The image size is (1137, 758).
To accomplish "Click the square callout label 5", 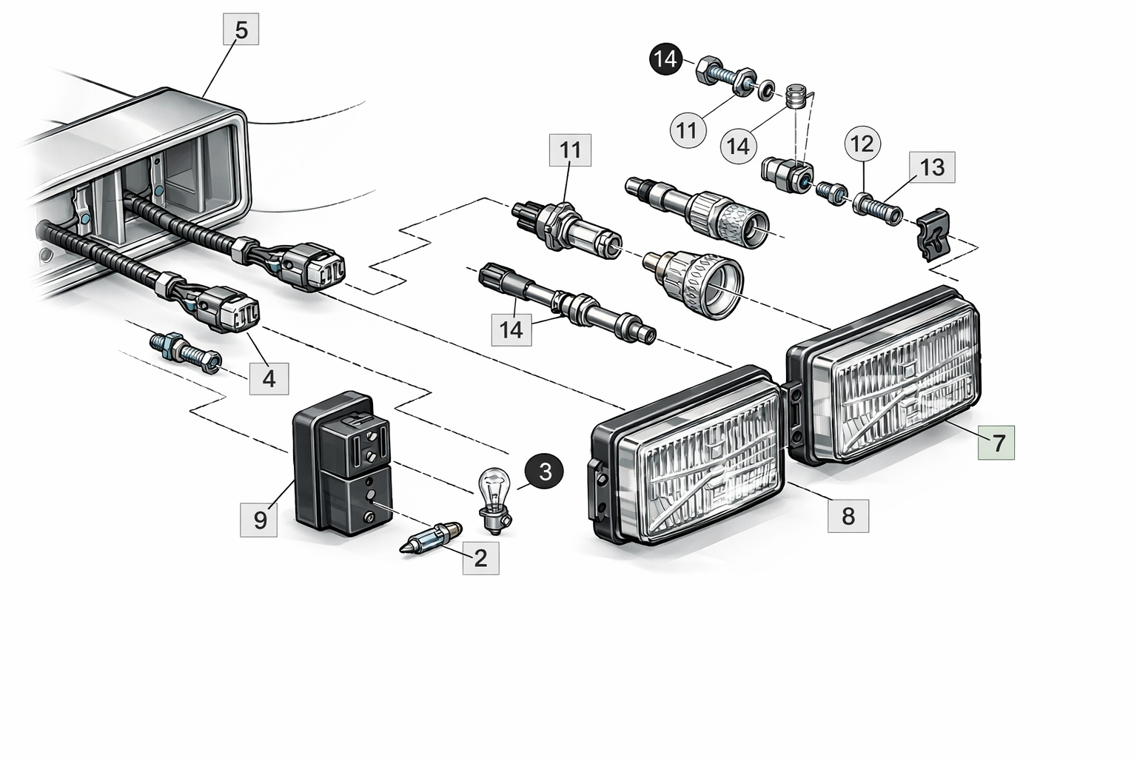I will click(241, 31).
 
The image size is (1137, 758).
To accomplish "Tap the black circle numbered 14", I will click(666, 58).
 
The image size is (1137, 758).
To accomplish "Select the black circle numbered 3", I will click(544, 472).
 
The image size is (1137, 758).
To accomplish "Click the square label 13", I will click(932, 168).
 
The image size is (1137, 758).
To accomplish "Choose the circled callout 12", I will click(862, 144).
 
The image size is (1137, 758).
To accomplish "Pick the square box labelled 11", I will click(570, 150).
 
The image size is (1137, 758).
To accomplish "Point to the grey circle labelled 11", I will click(688, 131).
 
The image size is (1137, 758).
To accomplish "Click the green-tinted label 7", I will click(996, 443).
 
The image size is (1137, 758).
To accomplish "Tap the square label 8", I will click(848, 515).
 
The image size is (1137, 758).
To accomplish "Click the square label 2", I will click(480, 557).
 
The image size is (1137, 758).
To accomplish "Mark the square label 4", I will click(269, 378).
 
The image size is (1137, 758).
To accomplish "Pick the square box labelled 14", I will click(512, 329).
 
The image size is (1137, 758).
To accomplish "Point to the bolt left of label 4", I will click(185, 351).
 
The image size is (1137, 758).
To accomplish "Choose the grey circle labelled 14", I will click(737, 146).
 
